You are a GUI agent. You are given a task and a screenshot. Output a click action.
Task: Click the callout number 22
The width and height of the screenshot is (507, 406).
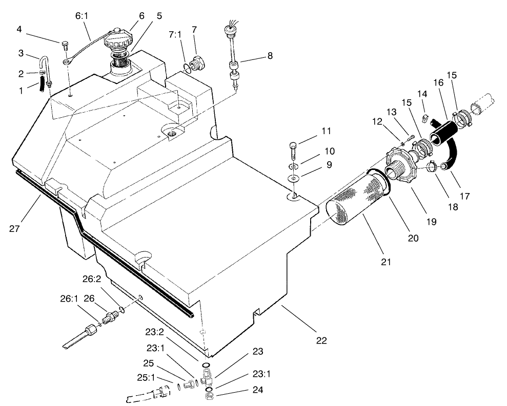[321, 340]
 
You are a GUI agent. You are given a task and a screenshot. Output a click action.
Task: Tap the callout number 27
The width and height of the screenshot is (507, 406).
[14, 229]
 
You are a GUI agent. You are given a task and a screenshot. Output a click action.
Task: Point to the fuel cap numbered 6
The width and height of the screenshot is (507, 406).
[119, 40]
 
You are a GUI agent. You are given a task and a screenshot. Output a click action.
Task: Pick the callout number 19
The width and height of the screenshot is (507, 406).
[431, 221]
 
